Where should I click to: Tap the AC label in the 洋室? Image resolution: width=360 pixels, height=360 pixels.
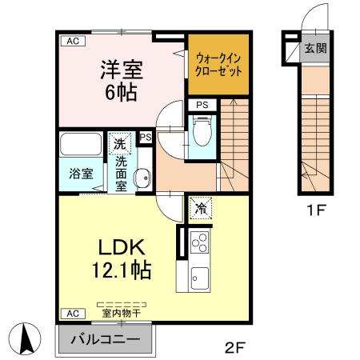tap(72, 40)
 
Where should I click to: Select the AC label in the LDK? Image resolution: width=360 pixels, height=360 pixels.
tap(72, 313)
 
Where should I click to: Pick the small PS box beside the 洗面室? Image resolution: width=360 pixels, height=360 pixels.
tap(146, 138)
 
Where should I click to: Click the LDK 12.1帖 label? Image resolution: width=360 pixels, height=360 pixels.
tap(119, 257)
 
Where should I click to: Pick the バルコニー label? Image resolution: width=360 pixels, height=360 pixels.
tap(108, 339)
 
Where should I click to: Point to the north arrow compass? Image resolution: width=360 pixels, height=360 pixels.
tap(25, 338)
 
